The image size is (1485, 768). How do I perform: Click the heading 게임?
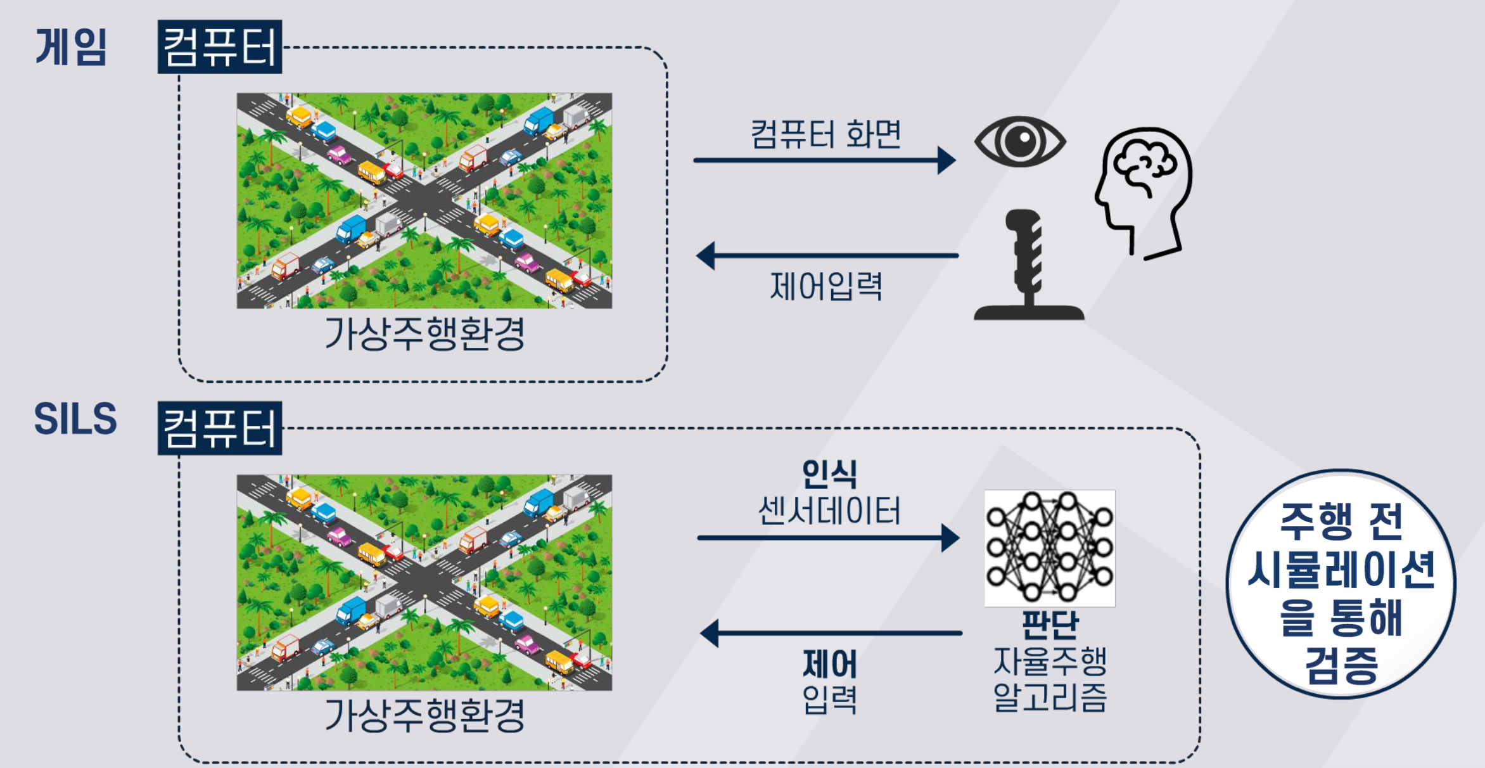click(x=71, y=47)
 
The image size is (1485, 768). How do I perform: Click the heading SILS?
click(x=75, y=419)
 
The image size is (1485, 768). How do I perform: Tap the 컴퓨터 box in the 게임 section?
click(x=220, y=47)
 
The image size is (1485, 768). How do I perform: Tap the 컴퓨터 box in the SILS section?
click(x=220, y=428)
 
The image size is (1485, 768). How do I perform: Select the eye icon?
click(x=1020, y=142)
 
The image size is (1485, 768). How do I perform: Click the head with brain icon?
click(x=1144, y=193)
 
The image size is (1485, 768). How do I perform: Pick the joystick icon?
click(x=1029, y=264)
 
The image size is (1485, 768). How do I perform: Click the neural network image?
click(x=1050, y=548)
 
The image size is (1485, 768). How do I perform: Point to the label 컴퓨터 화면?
click(x=825, y=134)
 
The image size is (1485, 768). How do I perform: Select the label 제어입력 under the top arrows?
click(x=826, y=286)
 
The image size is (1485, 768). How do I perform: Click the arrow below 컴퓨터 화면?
click(x=825, y=160)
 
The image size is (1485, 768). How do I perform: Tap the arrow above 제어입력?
click(x=827, y=256)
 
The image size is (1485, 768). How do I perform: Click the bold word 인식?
click(x=829, y=474)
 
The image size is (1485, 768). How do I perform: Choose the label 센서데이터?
click(x=829, y=511)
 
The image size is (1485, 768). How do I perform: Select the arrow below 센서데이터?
click(x=829, y=538)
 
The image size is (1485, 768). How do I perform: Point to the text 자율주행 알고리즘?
click(x=1050, y=679)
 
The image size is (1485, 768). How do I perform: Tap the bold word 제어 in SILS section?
click(x=830, y=664)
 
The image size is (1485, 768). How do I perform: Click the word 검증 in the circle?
click(x=1341, y=665)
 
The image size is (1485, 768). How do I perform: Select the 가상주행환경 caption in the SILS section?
click(x=424, y=715)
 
